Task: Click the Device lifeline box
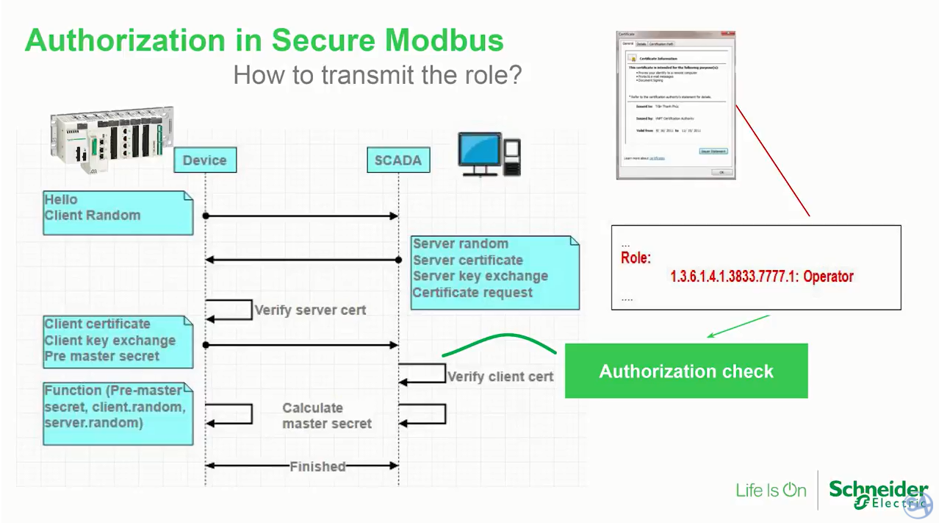pos(205,160)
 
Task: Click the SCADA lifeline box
pos(397,160)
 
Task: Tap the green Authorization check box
pos(686,371)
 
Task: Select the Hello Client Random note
pos(118,213)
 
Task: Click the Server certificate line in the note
pos(467,260)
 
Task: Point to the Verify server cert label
pos(309,310)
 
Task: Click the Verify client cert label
pos(500,377)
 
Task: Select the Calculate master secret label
pos(327,416)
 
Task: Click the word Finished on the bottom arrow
pos(317,466)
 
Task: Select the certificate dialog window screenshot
pos(675,105)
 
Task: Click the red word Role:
pos(636,258)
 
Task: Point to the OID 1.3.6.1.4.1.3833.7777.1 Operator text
pos(761,277)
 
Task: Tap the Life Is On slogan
pos(771,491)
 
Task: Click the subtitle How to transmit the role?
pos(377,75)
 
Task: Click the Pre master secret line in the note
pos(101,357)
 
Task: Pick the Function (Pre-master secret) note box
pos(118,413)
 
